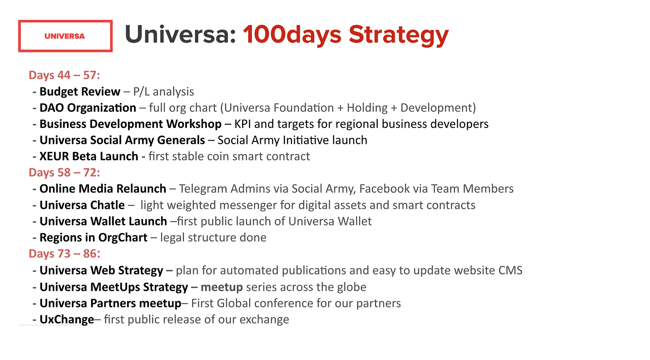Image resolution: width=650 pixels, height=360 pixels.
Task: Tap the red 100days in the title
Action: click(292, 35)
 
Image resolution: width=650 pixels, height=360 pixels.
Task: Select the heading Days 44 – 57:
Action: click(65, 75)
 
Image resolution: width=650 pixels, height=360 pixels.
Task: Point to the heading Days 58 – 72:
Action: click(65, 172)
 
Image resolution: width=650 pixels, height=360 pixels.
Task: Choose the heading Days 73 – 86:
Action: click(65, 254)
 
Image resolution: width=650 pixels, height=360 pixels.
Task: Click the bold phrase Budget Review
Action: click(80, 92)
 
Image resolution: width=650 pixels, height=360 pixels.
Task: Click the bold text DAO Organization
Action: click(88, 108)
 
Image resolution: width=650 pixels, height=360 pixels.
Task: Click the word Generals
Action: click(181, 140)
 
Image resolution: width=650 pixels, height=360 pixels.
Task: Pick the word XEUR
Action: click(54, 156)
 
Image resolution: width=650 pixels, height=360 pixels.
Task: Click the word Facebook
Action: click(384, 189)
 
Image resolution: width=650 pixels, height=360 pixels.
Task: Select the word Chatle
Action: click(108, 205)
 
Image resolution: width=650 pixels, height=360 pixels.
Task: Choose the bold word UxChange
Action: click(67, 320)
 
